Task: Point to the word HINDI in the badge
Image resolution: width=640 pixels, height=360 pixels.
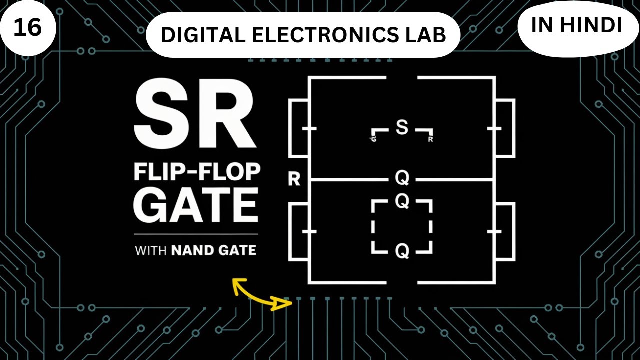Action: pos(597,26)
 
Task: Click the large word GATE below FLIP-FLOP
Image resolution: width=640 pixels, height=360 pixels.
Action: pos(197,205)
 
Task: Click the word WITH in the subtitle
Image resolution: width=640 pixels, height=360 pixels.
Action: pos(151,250)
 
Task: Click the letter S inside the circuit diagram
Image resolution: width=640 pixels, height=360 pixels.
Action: pos(402,128)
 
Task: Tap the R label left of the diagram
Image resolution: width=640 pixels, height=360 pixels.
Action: pos(294,179)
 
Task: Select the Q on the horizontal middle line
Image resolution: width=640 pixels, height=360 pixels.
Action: pos(402,178)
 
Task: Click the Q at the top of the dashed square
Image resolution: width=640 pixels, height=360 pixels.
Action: pos(402,201)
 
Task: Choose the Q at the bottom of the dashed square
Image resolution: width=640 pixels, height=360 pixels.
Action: pos(402,252)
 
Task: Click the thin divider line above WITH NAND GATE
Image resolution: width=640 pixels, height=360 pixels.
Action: pos(196,234)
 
